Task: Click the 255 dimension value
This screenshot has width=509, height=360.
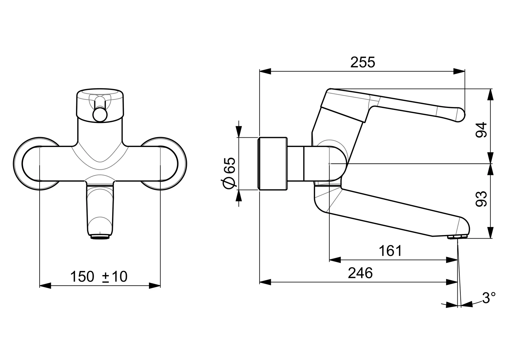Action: (362, 62)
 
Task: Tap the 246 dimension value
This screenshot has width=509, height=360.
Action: (360, 273)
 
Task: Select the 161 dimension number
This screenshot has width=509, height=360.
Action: (390, 251)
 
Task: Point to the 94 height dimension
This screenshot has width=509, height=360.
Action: (481, 130)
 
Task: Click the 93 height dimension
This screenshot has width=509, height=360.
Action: (481, 199)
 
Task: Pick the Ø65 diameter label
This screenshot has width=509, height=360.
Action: (230, 173)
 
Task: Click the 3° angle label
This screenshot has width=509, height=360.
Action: (489, 298)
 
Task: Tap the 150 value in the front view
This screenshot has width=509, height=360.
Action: (82, 277)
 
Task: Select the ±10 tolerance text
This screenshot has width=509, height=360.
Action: (115, 277)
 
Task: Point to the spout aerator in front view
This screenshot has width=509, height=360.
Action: (100, 237)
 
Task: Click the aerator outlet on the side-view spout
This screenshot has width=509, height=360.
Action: (458, 237)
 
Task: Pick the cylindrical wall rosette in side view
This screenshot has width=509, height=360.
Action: (273, 164)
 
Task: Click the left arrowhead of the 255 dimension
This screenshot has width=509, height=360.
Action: (265, 71)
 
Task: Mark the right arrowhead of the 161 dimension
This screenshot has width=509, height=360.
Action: (452, 260)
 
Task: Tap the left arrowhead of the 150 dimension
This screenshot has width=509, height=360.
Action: (45, 286)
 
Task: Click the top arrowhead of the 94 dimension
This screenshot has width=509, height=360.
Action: (491, 95)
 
